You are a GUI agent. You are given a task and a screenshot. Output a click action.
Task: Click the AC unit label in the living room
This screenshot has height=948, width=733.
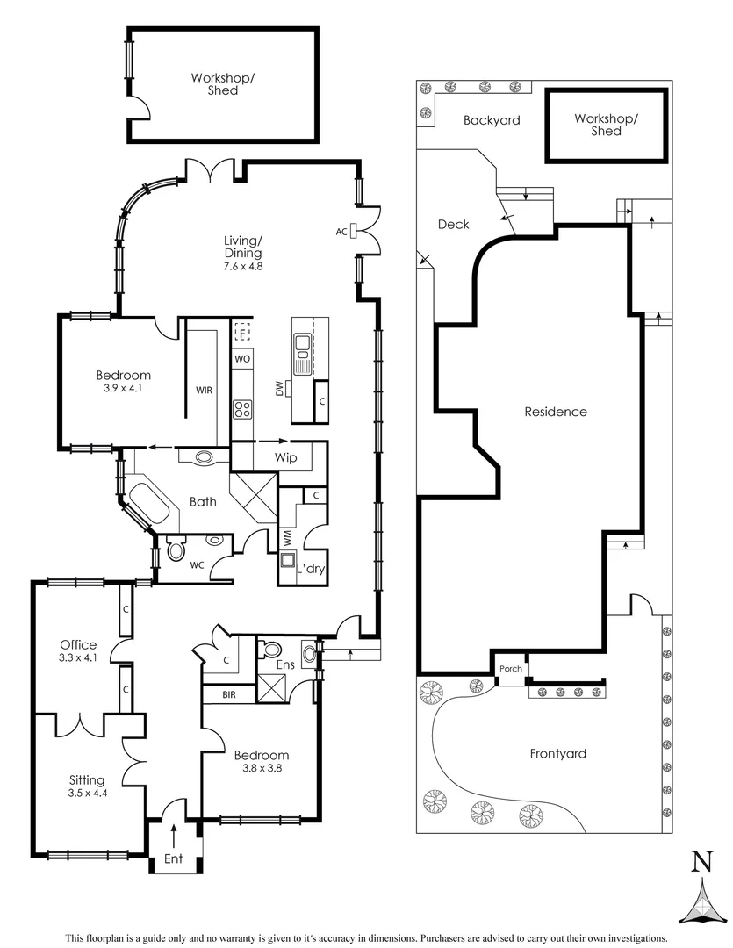pos(341,232)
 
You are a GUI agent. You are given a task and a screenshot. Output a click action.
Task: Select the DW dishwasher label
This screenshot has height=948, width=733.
pos(279,389)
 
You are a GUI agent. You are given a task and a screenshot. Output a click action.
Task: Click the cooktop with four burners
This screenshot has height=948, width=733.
pos(243,408)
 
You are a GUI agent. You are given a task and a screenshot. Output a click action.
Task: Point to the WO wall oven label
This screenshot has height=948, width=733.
pos(242,360)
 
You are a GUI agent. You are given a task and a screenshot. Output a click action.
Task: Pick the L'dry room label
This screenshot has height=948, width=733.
pos(311,570)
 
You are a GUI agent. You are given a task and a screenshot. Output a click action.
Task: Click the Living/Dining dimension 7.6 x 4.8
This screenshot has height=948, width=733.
pos(242,265)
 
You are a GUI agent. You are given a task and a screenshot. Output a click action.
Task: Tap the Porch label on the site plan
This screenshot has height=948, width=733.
pos(511,669)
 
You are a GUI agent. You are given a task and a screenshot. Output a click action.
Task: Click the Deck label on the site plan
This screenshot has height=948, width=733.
pos(453,225)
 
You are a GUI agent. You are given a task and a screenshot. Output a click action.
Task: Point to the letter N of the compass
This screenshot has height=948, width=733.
pos(701,861)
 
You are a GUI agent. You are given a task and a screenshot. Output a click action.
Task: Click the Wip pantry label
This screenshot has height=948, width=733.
pos(286,458)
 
